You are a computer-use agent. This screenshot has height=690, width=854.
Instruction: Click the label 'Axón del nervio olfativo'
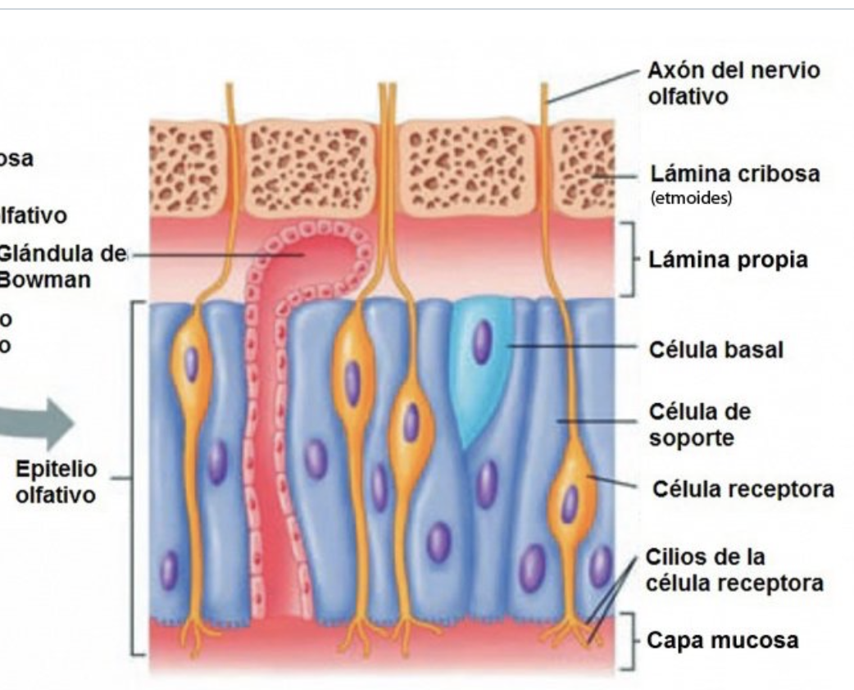tap(732, 84)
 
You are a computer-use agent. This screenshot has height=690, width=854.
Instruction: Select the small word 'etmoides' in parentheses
tap(691, 198)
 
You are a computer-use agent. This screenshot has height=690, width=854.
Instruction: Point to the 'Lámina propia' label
tap(729, 260)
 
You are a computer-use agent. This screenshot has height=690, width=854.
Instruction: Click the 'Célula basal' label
tap(715, 350)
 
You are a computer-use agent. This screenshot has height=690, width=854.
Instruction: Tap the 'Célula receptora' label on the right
tap(743, 489)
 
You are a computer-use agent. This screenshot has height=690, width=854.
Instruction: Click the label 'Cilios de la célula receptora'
tap(734, 570)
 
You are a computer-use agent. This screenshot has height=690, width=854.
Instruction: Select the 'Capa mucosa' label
tap(722, 639)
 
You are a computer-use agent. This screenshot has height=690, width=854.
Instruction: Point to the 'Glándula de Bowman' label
tap(61, 266)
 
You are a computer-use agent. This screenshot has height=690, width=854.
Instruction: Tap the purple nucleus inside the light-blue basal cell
tap(483, 342)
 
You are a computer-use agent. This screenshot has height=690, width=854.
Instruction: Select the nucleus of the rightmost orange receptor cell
tap(570, 502)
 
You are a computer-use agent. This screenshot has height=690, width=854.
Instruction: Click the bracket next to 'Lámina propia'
tap(629, 258)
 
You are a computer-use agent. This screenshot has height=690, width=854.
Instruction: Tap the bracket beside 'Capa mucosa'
tap(629, 638)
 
